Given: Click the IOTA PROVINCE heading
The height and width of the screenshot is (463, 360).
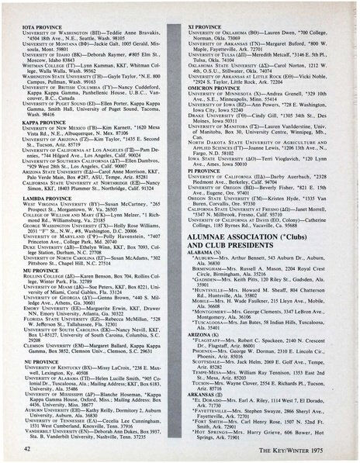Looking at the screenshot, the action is tap(38, 26).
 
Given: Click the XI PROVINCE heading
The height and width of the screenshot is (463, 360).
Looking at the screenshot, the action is tap(203, 26).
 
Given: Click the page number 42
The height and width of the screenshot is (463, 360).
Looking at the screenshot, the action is tap(28, 448).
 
